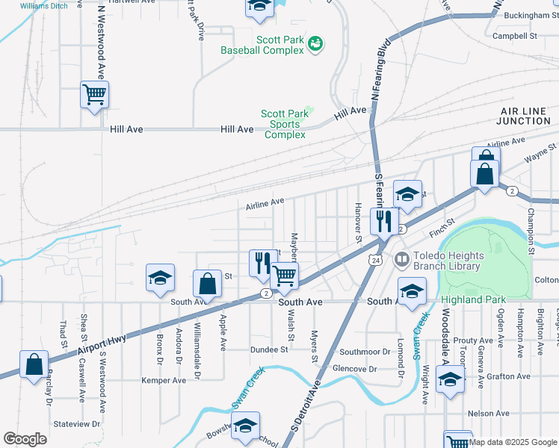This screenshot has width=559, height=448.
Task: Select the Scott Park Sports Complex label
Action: tap(285, 124)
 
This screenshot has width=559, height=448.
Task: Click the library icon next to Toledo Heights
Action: tap(401, 259)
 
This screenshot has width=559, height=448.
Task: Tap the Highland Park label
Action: tap(473, 300)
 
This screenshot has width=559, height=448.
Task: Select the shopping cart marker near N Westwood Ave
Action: tap(95, 96)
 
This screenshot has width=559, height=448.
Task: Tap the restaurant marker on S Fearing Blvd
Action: tap(384, 221)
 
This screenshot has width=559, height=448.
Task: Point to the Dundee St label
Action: tap(268, 349)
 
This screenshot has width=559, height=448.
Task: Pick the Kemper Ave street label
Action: tap(164, 380)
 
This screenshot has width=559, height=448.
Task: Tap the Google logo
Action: tap(25, 439)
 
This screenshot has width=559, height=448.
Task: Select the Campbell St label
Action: tap(515, 35)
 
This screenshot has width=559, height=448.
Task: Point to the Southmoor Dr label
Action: tap(365, 351)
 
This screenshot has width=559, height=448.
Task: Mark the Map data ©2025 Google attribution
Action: tap(513, 442)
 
